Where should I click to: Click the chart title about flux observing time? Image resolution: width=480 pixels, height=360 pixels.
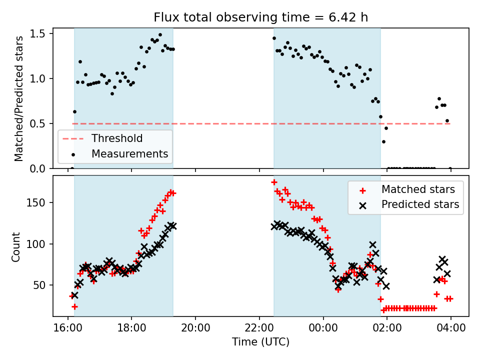[260, 17]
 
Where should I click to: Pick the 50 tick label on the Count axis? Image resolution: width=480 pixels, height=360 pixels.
[40, 285]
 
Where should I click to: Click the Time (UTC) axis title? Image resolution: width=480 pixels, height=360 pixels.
[260, 342]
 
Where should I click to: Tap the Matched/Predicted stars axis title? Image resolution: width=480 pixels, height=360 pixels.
[19, 98]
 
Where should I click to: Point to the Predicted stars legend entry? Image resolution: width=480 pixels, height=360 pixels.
[420, 204]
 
